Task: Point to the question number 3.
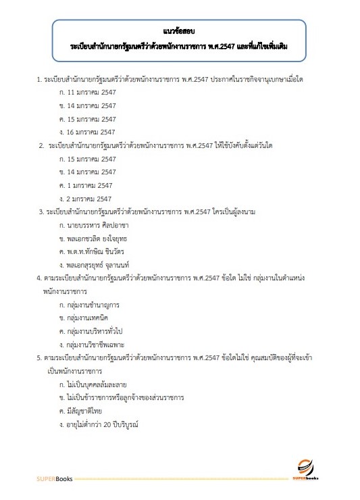tap(41, 211)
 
